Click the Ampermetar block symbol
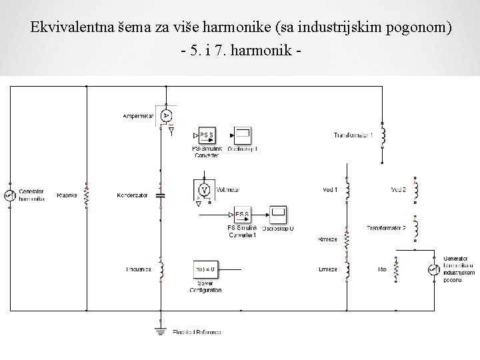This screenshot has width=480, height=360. click(166, 115)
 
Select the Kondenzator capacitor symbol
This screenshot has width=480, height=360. click(160, 195)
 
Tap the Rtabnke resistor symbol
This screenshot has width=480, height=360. click(87, 195)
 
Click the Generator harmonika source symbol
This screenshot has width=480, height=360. click(9, 195)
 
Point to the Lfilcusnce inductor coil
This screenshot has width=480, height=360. click(160, 269)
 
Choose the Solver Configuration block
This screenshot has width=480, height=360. click(204, 269)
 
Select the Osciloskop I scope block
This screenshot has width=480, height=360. click(243, 135)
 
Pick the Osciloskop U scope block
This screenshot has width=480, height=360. click(279, 215)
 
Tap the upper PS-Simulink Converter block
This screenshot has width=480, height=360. click(207, 135)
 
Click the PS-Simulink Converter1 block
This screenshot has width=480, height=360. click(242, 215)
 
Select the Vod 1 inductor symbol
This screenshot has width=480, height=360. click(347, 191)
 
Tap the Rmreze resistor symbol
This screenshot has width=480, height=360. click(347, 240)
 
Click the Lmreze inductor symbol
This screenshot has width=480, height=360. click(347, 269)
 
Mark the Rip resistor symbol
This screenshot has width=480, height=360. click(395, 269)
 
